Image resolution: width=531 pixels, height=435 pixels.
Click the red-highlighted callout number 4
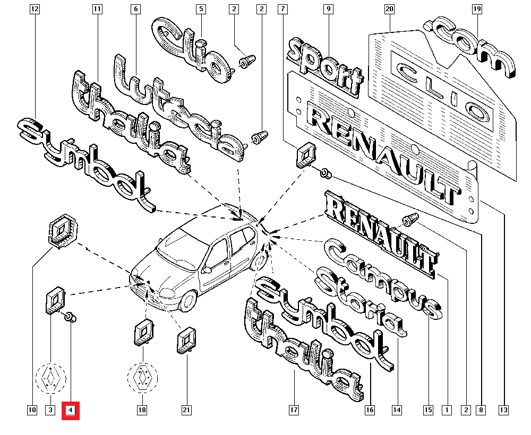coord(71,410)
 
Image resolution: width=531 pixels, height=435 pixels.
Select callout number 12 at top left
coord(35,9)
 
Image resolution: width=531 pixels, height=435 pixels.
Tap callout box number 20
coord(390,9)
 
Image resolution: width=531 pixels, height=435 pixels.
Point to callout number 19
coord(477,9)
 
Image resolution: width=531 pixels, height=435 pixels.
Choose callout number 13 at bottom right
coord(503,410)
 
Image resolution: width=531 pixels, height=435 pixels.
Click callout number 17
coord(294,410)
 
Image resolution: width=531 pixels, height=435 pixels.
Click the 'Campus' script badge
coord(382,279)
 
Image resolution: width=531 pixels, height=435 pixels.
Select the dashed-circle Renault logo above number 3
coord(50,379)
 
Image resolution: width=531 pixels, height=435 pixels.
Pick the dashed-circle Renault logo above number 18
coord(142,378)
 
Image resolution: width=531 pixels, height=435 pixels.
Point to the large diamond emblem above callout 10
coord(63,229)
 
